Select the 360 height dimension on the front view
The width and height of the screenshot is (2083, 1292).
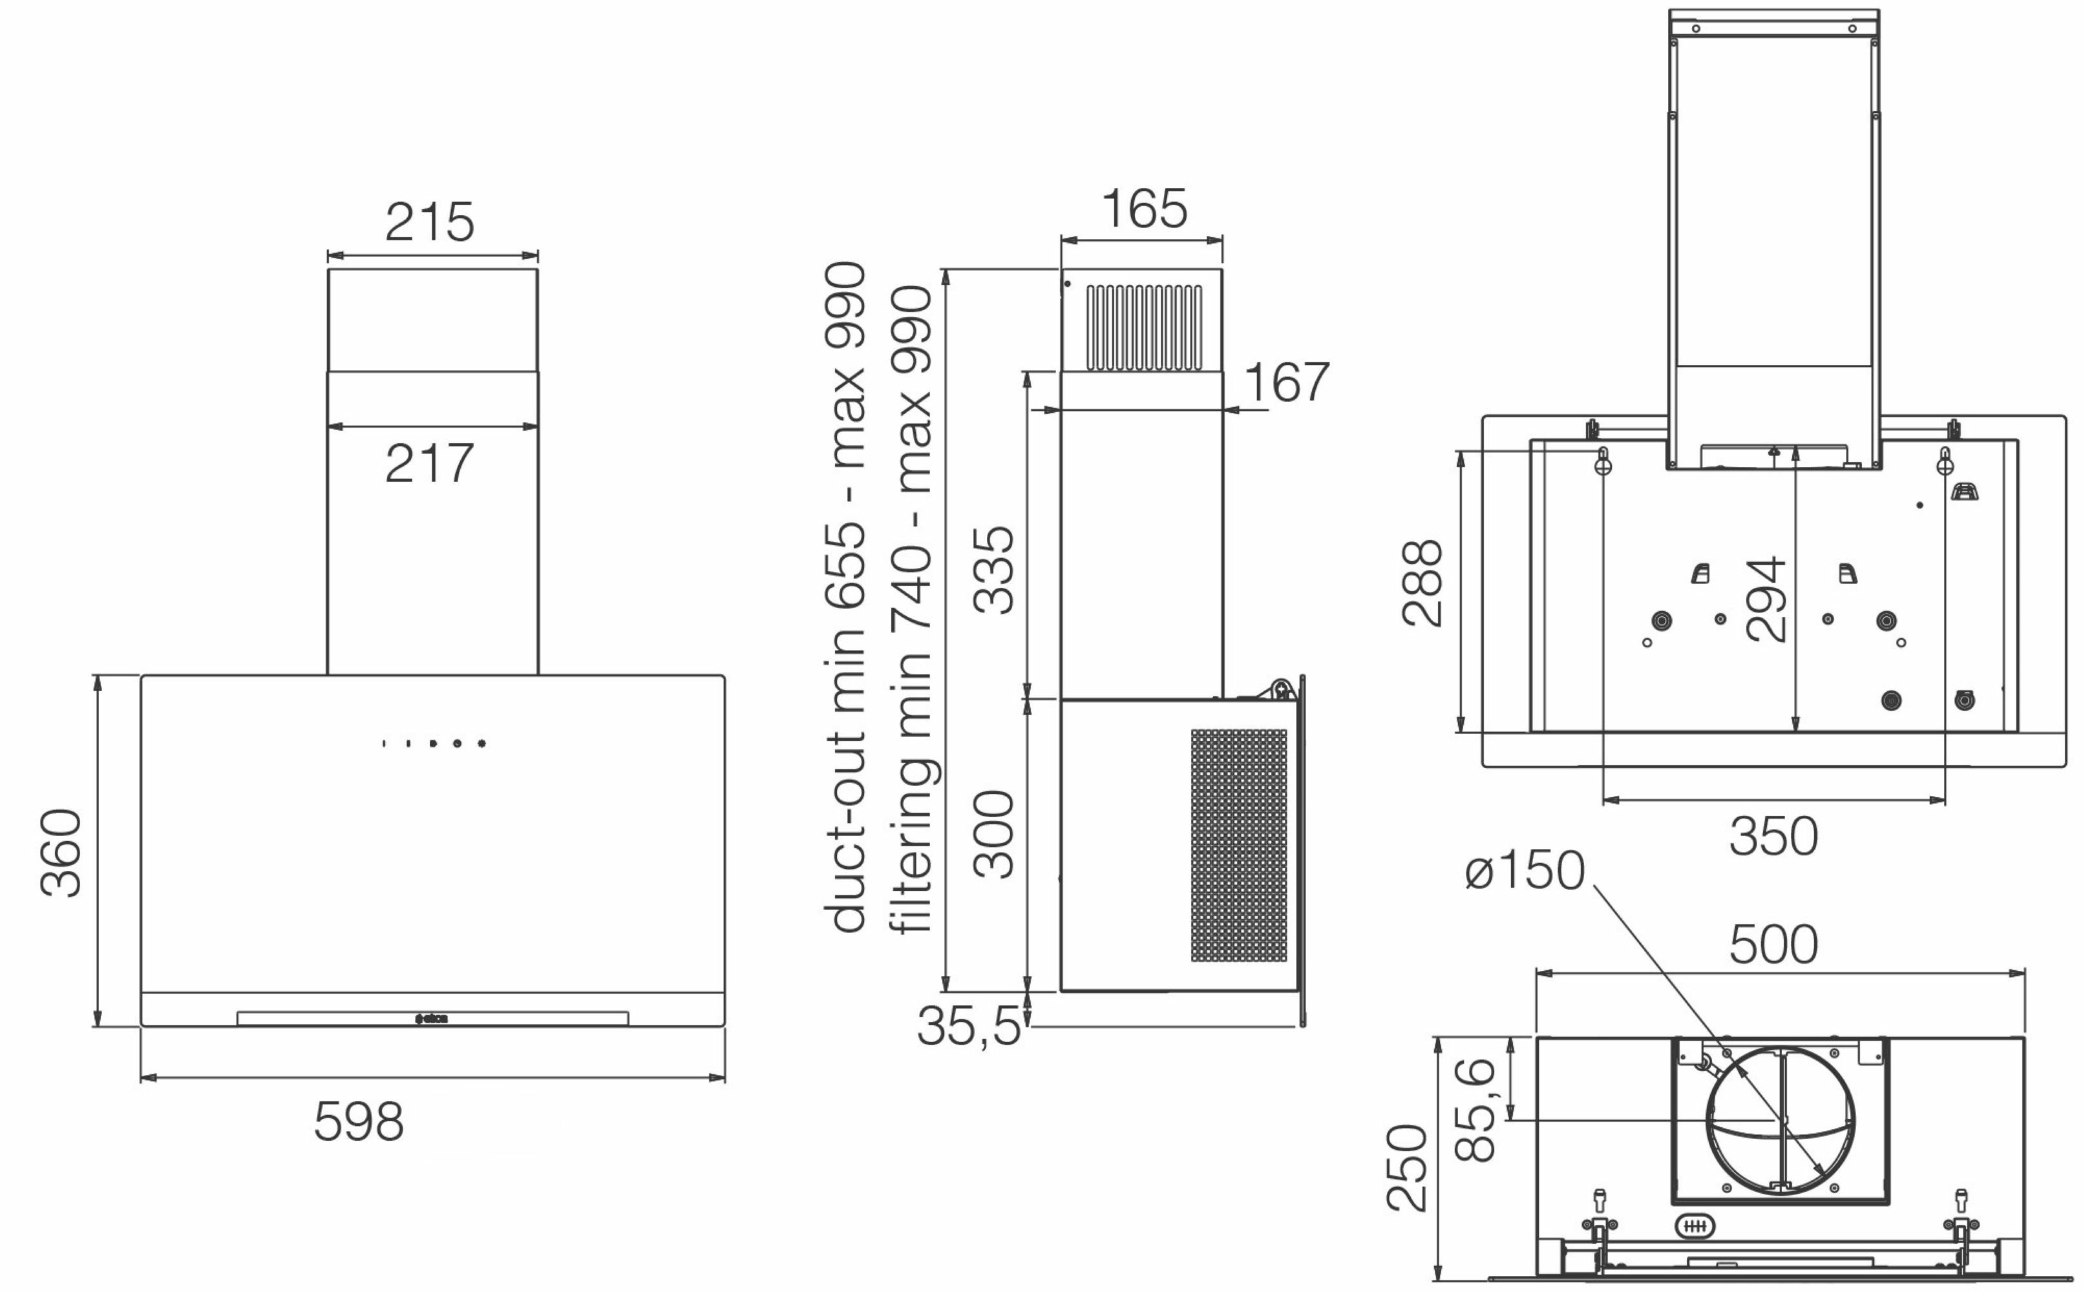[61, 853]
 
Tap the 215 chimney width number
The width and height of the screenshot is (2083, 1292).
[430, 222]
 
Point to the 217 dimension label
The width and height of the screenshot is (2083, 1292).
[430, 463]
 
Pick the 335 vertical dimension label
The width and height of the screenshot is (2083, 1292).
[994, 569]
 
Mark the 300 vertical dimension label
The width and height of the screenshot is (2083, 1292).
[994, 834]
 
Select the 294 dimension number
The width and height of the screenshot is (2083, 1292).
[1766, 600]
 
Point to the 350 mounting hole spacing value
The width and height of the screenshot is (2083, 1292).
[1773, 837]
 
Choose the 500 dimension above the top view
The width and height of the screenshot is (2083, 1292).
[1773, 944]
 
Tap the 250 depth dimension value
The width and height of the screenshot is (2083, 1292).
[1407, 1167]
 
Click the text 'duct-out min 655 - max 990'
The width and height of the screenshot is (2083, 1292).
[845, 596]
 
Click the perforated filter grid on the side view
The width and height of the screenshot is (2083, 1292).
[1238, 845]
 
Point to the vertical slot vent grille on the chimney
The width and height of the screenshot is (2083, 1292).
[1145, 328]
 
